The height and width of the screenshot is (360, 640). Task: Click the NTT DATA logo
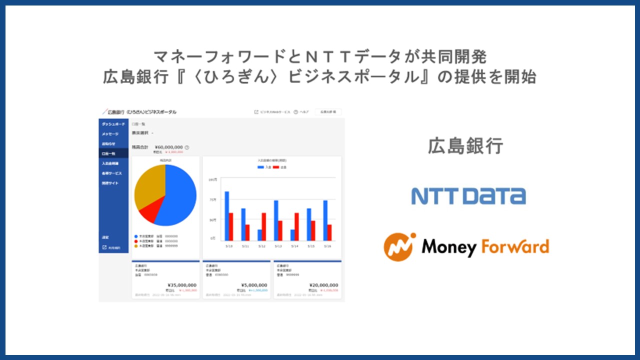[468, 196]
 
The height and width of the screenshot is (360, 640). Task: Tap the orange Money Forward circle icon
[400, 246]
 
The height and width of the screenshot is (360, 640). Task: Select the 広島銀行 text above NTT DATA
[465, 146]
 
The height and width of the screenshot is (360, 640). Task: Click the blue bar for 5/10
[226, 215]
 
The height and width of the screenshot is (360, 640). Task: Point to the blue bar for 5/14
[292, 234]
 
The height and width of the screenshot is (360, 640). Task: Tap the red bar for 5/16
[329, 232]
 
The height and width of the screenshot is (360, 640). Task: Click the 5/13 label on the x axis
[278, 246]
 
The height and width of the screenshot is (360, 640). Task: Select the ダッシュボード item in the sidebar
[113, 124]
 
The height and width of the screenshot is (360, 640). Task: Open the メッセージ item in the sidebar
[110, 134]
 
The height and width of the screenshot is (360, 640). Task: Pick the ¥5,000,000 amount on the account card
[254, 285]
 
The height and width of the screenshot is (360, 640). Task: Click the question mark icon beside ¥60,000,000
[187, 147]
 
